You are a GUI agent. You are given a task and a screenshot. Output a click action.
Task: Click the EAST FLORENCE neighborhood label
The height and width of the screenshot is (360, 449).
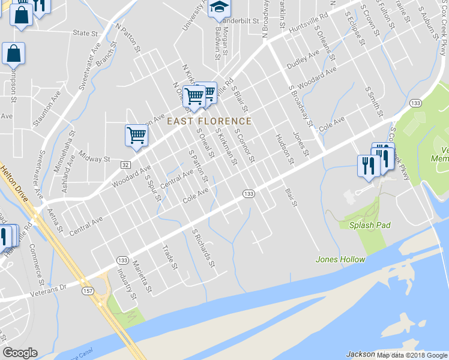pos(209,121)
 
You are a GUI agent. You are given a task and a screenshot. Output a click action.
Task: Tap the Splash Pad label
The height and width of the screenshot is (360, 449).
pos(370,225)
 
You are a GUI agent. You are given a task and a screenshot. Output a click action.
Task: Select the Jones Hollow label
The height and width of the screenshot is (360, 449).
pos(340,259)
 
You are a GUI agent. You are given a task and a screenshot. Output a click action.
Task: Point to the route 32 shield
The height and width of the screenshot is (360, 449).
pos(125,164)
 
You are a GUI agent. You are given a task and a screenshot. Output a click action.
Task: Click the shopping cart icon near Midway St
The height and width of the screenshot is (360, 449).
pos(137,135)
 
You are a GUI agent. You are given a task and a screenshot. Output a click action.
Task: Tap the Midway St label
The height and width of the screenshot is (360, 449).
pos(98,160)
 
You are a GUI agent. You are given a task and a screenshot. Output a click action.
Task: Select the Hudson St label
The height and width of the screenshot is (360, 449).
pos(284,149)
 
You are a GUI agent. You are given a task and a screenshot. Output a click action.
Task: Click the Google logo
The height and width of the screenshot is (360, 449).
pos(20,353)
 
